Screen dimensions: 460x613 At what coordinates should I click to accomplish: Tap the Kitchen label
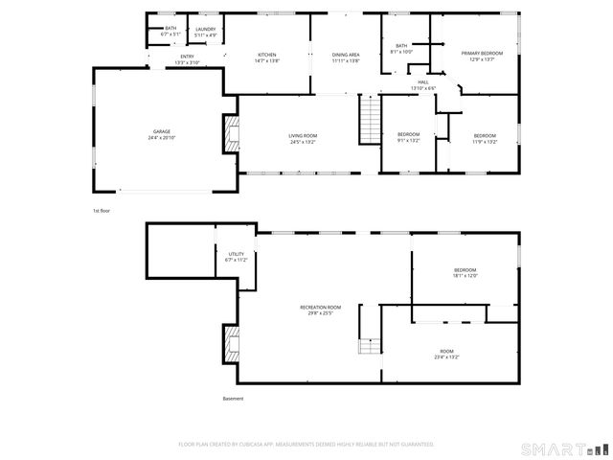(267, 57)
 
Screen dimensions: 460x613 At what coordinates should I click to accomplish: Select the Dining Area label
(346, 57)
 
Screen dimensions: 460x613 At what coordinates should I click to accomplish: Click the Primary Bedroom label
(482, 57)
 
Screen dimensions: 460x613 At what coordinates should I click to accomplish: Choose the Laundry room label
(205, 33)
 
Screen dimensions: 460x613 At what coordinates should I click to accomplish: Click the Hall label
(422, 84)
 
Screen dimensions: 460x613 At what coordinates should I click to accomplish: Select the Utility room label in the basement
(236, 256)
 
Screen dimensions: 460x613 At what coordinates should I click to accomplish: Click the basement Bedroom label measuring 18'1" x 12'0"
(465, 273)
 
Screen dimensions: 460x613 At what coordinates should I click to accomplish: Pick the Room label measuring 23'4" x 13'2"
(446, 354)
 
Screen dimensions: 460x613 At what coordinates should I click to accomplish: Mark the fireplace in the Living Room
(231, 133)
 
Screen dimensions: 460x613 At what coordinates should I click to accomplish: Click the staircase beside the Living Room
(369, 121)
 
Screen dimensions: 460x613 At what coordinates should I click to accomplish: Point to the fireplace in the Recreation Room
(231, 343)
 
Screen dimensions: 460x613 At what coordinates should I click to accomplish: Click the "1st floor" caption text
(102, 210)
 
